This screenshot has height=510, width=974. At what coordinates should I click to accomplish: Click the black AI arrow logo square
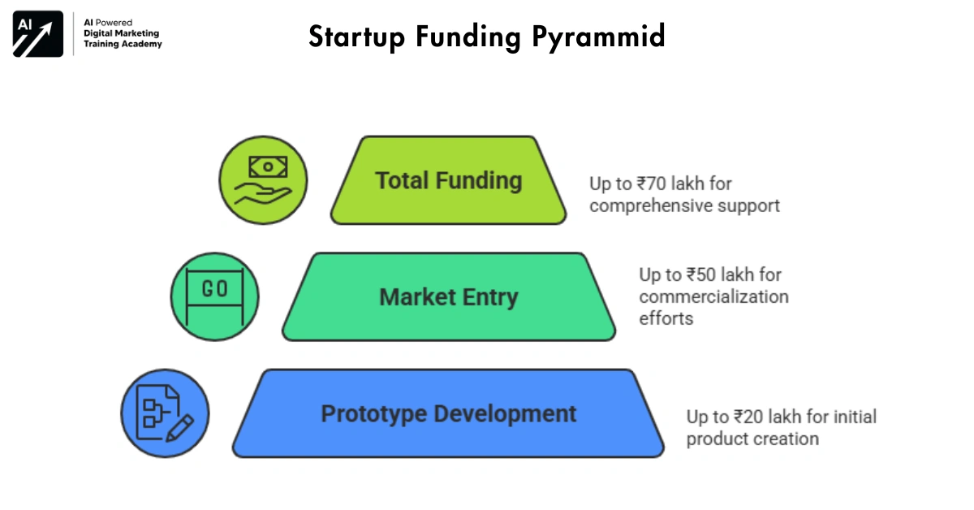pos(37,34)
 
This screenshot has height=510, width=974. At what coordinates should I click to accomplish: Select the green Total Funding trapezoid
pos(448,180)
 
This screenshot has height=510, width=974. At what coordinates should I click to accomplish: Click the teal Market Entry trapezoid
pos(448,297)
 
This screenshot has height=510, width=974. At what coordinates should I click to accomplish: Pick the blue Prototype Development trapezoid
pos(448,414)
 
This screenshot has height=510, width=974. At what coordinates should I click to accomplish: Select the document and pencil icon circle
pos(165,413)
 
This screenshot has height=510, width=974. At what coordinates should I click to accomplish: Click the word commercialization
pos(713,296)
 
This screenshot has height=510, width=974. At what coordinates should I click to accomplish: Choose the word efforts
pos(666,318)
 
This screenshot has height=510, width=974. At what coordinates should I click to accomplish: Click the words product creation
pos(752,439)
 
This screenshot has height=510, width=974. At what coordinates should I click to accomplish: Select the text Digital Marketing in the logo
pos(122,33)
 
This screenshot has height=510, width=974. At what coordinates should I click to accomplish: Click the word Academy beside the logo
pos(142,44)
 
